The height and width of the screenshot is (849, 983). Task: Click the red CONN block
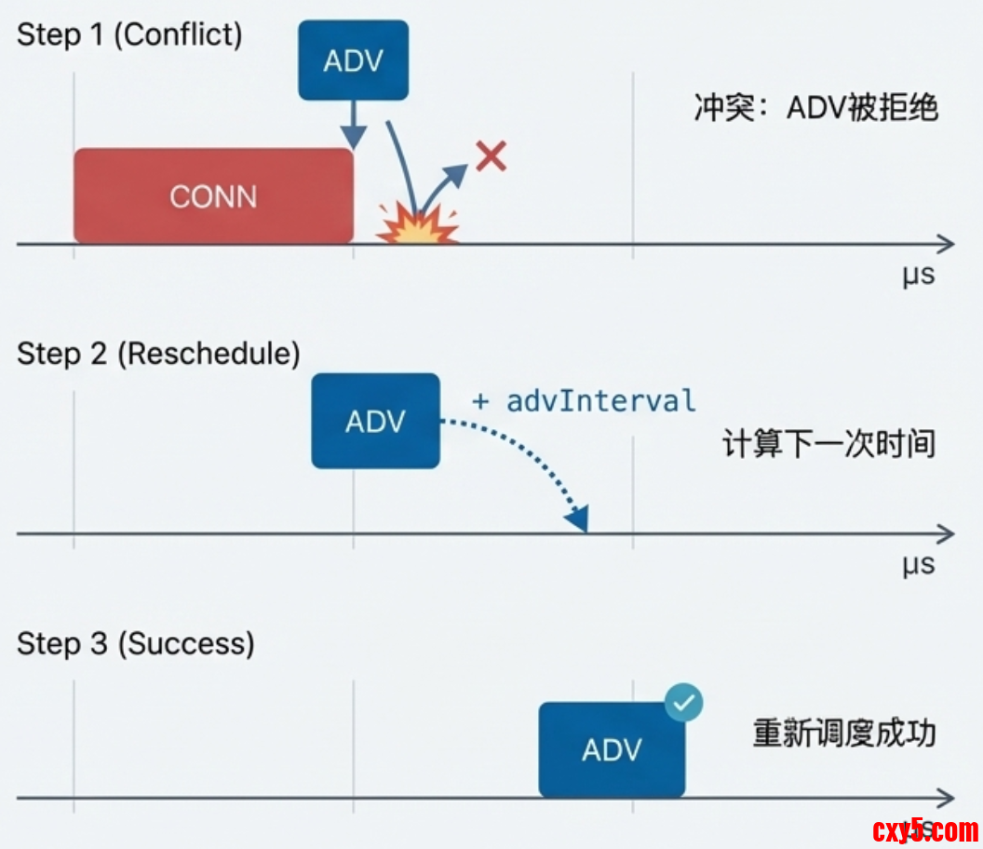213,196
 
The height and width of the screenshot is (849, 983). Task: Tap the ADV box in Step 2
375,421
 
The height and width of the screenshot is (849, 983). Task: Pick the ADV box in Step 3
612,749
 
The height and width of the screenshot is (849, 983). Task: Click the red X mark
491,156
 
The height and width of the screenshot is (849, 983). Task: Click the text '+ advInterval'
584,401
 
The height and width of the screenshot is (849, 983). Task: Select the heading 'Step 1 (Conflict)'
129,34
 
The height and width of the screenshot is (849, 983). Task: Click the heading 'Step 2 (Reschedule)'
158,354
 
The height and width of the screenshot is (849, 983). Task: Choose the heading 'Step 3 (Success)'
136,643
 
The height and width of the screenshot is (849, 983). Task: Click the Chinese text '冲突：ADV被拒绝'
815,108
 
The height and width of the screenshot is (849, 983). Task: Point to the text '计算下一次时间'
828,443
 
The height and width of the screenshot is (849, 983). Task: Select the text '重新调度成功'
843,733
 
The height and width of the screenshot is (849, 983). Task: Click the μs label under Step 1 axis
918,276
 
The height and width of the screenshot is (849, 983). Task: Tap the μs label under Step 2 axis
918,565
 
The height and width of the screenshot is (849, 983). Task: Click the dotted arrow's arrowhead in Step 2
580,519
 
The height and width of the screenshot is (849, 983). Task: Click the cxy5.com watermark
925,829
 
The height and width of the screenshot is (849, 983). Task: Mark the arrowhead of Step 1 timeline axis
946,244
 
